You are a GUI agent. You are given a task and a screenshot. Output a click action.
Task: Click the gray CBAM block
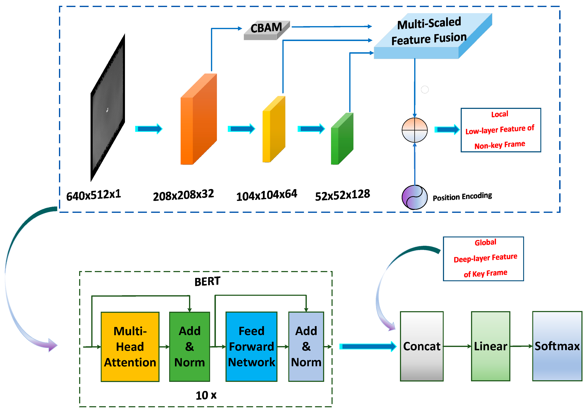(266, 30)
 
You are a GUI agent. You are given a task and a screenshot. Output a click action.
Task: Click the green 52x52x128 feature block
(342, 139)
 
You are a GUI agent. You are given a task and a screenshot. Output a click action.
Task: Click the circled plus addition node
(415, 130)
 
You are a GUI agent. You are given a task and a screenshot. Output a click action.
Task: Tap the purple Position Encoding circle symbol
(415, 197)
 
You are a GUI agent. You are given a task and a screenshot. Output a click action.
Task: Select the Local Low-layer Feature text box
(501, 130)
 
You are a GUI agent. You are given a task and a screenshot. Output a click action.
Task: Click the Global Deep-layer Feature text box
(483, 259)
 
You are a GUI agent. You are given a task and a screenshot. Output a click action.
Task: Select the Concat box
(422, 346)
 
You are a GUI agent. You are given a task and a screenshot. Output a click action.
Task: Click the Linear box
(490, 346)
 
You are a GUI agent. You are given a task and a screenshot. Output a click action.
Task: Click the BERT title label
(207, 281)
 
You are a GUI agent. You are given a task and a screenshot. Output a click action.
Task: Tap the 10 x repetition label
(206, 395)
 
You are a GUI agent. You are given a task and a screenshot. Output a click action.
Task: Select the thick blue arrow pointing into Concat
(368, 346)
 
